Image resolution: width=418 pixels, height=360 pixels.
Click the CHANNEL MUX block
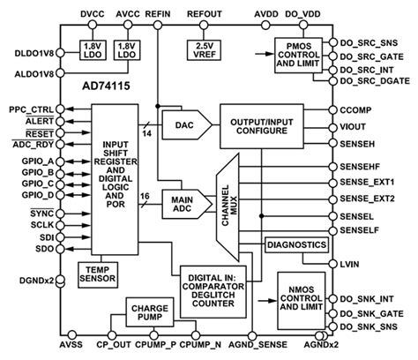229,200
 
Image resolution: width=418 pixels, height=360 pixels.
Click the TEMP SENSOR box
95,274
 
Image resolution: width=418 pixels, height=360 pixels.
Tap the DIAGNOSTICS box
295,244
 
